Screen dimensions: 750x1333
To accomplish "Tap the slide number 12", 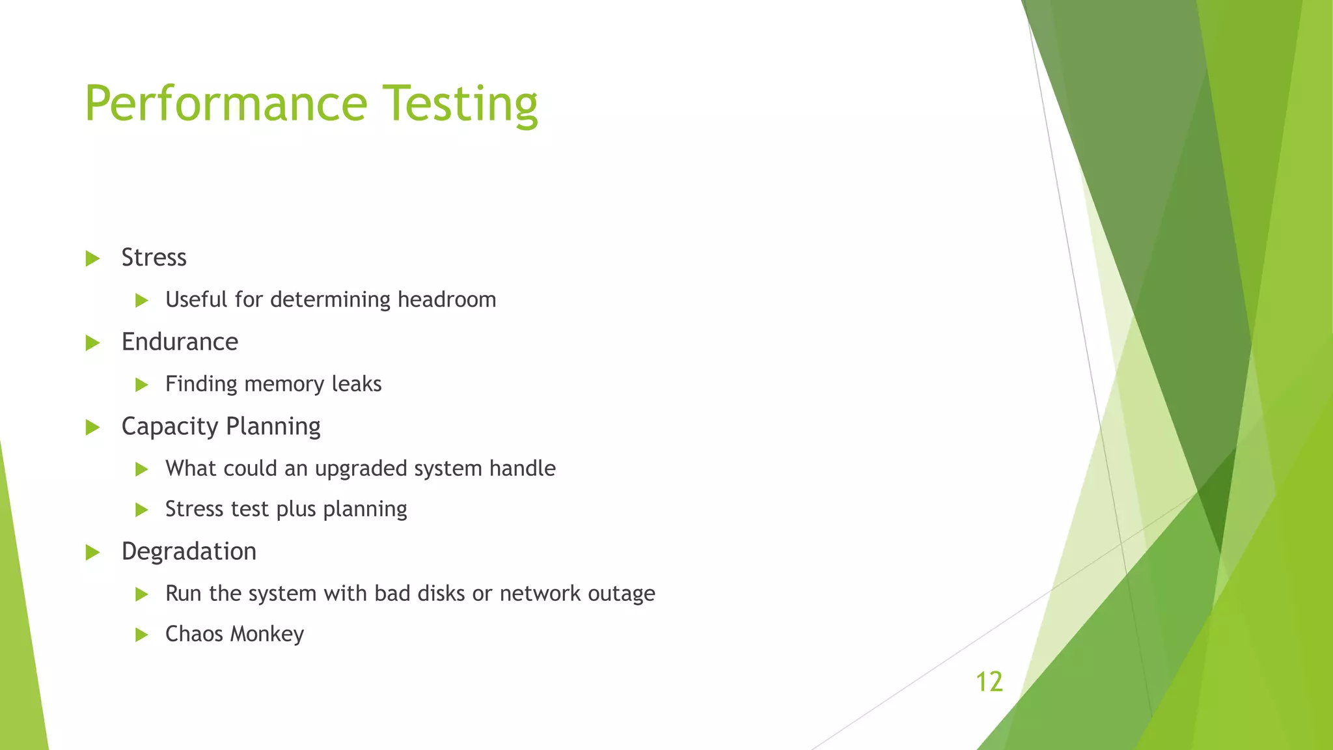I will coord(989,682).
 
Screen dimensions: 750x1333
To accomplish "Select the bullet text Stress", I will coord(154,258).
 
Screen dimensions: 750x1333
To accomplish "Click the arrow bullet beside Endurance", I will coord(92,342).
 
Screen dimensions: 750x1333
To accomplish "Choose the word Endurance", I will coord(180,342).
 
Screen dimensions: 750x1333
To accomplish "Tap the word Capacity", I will coord(169,427).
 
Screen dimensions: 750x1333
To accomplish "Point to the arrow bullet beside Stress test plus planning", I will coord(142,510).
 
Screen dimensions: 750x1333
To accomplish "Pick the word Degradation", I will coord(189,551).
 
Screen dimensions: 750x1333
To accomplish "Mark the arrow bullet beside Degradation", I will coord(92,553).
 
